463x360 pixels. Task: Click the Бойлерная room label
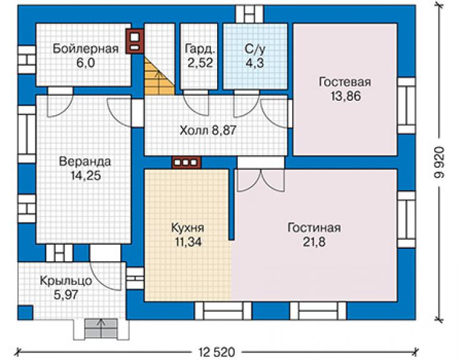pos(86,49)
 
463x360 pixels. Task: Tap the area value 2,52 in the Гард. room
pos(200,63)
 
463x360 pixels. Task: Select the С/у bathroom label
pos(255,49)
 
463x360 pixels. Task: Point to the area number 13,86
pos(345,96)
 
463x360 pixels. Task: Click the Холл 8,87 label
pos(208,130)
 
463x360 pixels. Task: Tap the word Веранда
pos(85,162)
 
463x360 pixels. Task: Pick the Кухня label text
pos(188,228)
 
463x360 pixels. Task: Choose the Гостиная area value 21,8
pos(314,242)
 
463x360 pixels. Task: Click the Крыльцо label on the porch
pos(66,280)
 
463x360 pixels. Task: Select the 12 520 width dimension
pos(216,352)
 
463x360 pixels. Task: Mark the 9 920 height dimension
pos(439,162)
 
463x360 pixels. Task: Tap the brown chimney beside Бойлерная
pos(135,41)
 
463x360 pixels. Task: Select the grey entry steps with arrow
pos(101,328)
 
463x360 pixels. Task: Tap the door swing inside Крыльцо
pos(105,276)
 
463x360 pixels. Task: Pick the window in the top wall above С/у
pos(250,14)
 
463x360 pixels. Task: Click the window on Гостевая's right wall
pos(407,106)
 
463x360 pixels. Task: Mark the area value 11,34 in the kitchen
pos(188,242)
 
